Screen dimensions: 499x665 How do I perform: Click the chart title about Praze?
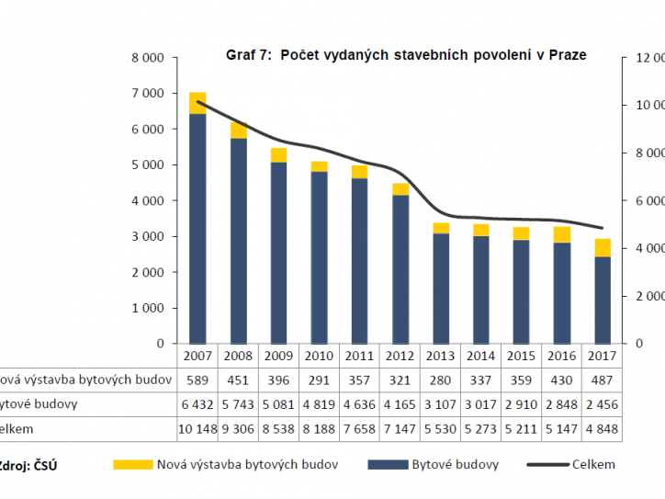click(x=405, y=55)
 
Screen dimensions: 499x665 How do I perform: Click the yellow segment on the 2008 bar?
click(x=238, y=130)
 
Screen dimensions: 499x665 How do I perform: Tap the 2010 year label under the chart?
click(x=319, y=356)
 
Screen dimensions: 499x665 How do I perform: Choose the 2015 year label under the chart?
click(x=521, y=356)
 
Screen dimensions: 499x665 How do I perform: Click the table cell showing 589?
click(x=197, y=380)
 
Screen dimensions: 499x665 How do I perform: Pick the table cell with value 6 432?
click(x=197, y=404)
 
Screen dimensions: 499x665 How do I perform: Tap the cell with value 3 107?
click(x=440, y=404)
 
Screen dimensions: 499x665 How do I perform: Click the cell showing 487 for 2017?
click(x=602, y=380)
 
